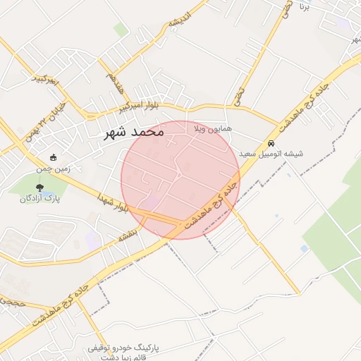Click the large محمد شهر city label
(134, 131)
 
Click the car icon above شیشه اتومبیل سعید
(271, 142)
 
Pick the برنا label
(305, 7)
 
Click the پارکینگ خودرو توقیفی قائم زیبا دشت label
(123, 353)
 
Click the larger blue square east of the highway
(304, 249)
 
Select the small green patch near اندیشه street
(121, 30)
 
